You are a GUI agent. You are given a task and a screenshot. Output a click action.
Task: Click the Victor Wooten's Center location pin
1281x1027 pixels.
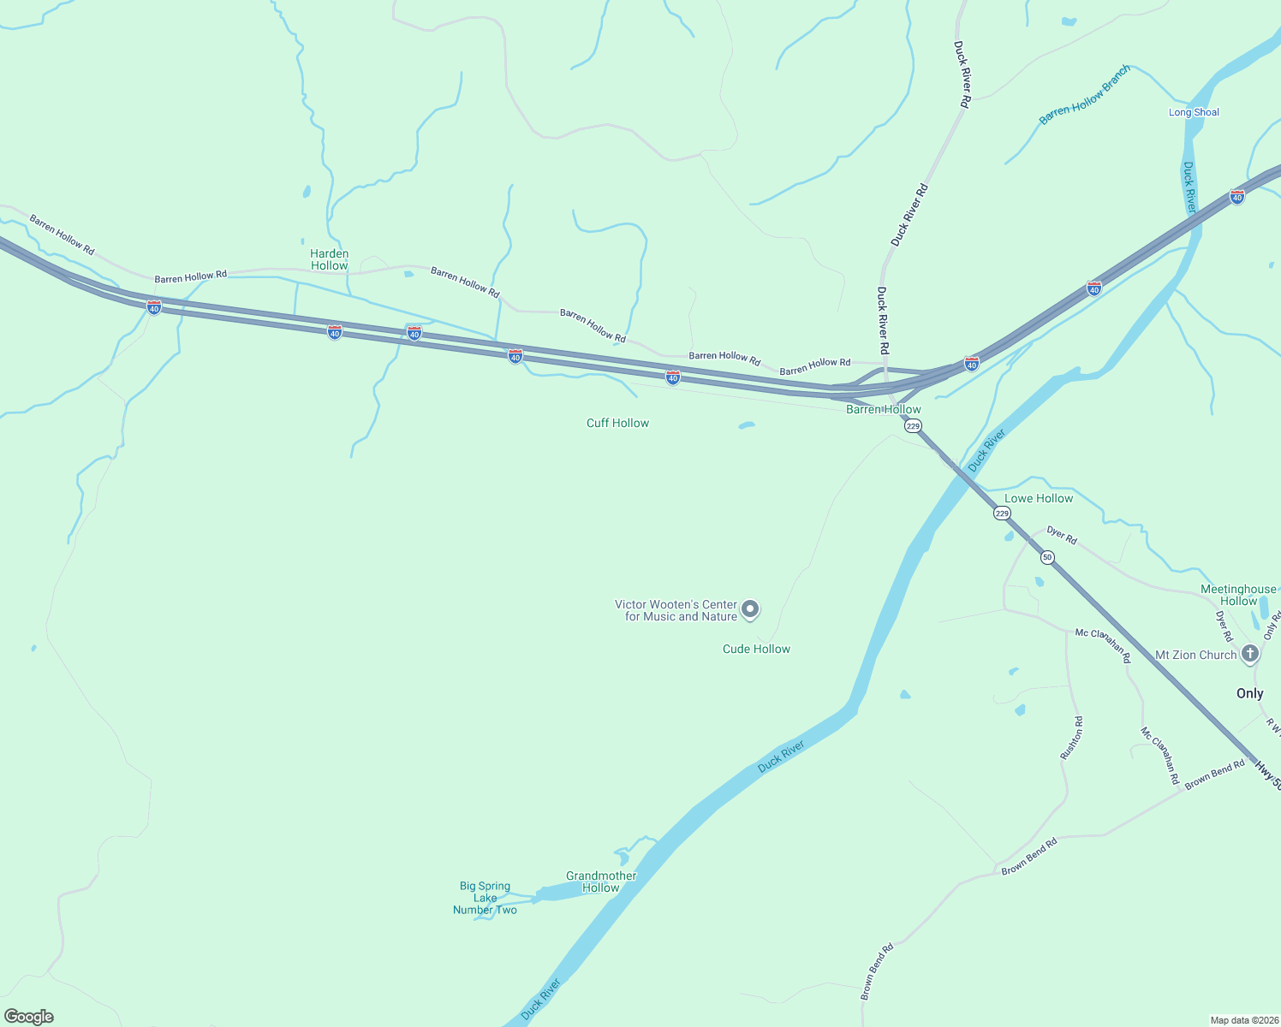click(750, 609)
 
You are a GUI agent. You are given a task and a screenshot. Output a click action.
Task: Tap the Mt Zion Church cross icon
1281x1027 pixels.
click(1249, 655)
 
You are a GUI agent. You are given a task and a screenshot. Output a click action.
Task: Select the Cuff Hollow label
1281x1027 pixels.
click(617, 423)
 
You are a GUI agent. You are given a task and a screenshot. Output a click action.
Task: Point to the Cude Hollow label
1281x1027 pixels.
click(756, 649)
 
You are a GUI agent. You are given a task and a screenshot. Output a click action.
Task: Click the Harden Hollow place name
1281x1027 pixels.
click(330, 259)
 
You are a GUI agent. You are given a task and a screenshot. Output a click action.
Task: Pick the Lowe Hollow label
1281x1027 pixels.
click(1038, 498)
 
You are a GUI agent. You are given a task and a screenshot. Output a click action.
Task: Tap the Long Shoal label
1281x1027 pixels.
click(1194, 112)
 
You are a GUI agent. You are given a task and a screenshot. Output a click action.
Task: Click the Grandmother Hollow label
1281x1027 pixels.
click(601, 882)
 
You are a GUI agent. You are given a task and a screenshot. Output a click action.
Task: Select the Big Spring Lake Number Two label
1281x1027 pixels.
click(485, 898)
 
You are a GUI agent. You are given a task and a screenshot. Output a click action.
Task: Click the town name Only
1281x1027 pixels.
click(1249, 693)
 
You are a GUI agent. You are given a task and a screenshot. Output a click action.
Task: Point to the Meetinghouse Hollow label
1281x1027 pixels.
click(1238, 595)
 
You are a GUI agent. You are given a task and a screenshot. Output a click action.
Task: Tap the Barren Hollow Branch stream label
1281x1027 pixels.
click(1085, 95)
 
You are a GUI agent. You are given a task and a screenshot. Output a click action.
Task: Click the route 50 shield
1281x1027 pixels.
click(1047, 557)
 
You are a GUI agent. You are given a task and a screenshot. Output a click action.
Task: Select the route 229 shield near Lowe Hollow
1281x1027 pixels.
click(1002, 513)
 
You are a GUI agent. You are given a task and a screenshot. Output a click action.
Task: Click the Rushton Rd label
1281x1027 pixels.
click(1071, 738)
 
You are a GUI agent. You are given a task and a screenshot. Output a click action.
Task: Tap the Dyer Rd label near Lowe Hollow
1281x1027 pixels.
click(1062, 535)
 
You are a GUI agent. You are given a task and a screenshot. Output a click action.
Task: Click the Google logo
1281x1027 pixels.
click(29, 1017)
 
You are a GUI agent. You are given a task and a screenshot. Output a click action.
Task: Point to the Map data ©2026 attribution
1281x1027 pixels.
click(1242, 1020)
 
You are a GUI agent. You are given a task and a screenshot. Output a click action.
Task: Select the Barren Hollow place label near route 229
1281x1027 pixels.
click(883, 409)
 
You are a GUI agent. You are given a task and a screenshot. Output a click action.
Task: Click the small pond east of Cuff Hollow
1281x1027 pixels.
click(747, 424)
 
